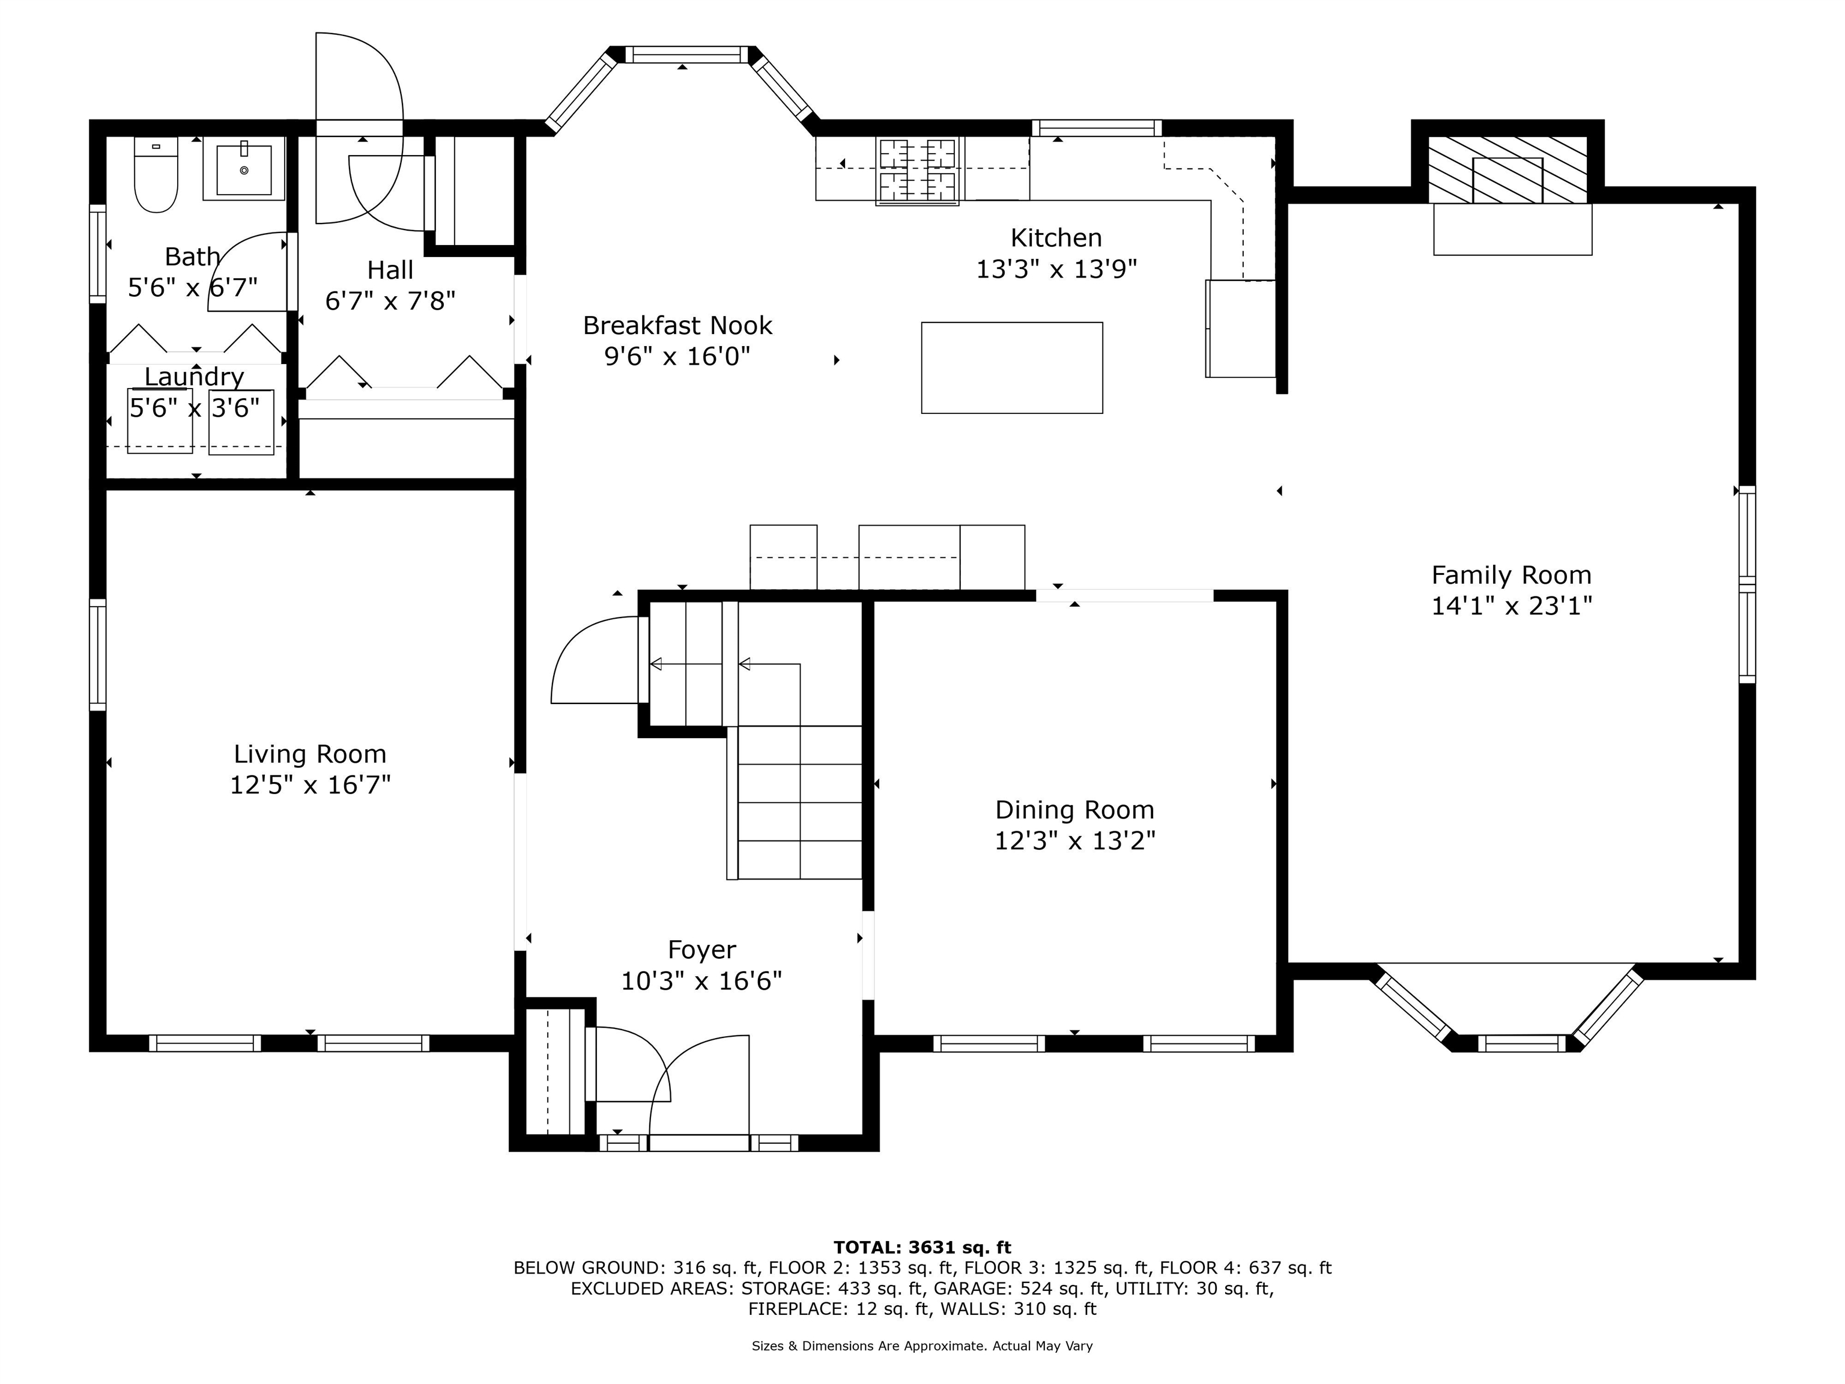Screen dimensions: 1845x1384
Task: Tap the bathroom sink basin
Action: pos(244,169)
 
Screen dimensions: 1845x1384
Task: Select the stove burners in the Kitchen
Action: pos(916,170)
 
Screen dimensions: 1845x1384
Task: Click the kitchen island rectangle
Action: pos(1012,368)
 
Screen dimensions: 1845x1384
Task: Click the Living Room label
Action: pos(311,754)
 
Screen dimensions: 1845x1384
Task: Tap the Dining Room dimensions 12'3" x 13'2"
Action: pos(1074,840)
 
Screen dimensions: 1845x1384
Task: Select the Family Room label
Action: pos(1511,575)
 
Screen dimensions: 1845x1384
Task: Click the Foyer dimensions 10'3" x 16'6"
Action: pos(701,980)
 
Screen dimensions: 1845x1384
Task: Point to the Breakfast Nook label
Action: pos(677,326)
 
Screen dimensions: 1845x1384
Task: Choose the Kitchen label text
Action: pos(1056,238)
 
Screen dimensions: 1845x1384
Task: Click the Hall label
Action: pos(390,270)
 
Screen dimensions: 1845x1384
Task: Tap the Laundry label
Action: pos(195,377)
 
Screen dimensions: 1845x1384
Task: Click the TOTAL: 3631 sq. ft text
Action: pos(922,1247)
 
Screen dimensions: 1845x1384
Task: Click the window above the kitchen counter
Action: pos(1097,127)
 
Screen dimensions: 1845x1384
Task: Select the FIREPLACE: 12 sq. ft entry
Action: pos(839,1309)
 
